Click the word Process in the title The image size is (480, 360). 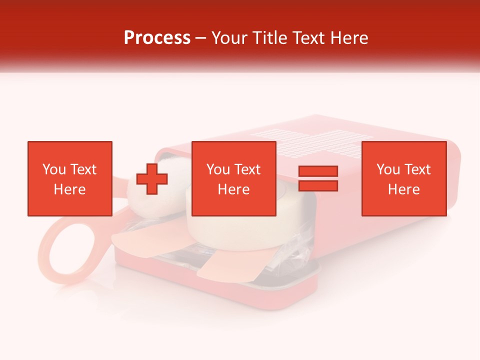click(157, 38)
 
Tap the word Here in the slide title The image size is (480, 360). click(349, 38)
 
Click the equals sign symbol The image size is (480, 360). click(318, 178)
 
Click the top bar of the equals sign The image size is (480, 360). click(318, 171)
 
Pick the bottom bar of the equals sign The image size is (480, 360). click(318, 185)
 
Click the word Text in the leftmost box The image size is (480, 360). click(83, 169)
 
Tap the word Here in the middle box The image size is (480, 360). click(233, 189)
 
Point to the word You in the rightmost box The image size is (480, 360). click(388, 169)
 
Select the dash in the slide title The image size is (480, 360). click(200, 38)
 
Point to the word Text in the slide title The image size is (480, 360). click(308, 38)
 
